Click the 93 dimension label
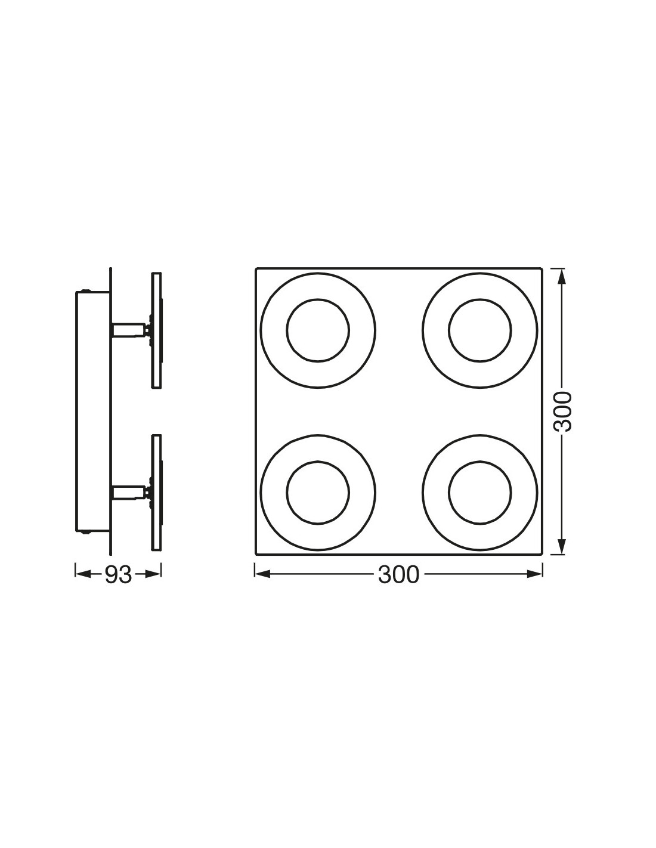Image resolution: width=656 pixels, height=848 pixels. (118, 575)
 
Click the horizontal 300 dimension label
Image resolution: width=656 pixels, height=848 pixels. (398, 575)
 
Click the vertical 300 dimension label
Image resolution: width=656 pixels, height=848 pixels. (562, 411)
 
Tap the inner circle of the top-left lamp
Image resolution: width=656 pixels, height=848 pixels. (318, 330)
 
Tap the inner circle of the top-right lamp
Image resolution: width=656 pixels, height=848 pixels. (479, 330)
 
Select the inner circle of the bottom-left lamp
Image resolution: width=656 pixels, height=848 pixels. (318, 493)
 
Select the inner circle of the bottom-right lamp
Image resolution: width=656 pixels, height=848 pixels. (479, 493)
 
